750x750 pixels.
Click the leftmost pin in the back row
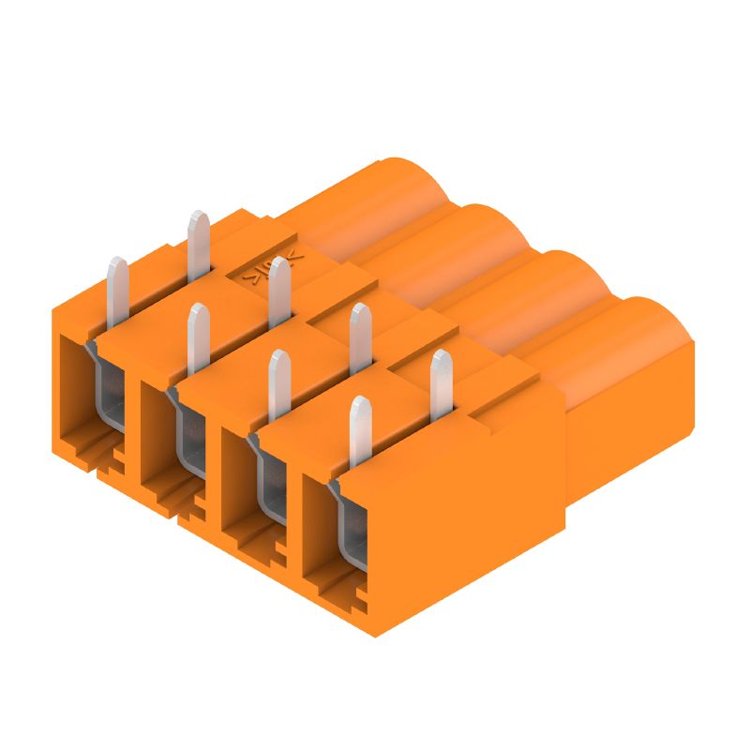coord(198,246)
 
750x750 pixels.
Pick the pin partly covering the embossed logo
coord(277,292)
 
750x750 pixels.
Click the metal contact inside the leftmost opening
coord(111,394)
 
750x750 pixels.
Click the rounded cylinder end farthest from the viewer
coord(412,187)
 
